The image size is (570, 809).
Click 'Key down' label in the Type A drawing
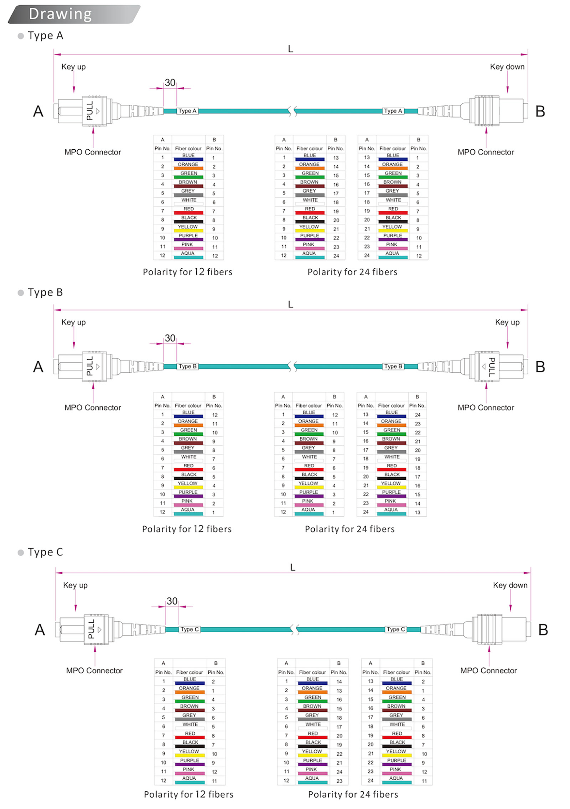[x=507, y=67]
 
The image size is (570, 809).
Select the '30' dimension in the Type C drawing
[x=172, y=601]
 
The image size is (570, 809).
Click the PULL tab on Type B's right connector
[x=491, y=367]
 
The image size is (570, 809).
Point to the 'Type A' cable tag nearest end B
[x=393, y=111]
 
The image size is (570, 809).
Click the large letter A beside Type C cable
[x=40, y=629]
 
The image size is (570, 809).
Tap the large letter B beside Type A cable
[x=540, y=112]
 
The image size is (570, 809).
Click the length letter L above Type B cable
[x=290, y=304]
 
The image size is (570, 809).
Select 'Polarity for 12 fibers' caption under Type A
[x=187, y=272]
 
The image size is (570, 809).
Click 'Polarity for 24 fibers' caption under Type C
[x=353, y=794]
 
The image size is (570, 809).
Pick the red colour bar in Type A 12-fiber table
[x=188, y=213]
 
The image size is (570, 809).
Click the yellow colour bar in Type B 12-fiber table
[x=188, y=487]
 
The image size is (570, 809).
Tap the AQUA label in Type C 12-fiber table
[x=189, y=778]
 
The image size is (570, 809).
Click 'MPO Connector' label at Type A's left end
[x=93, y=152]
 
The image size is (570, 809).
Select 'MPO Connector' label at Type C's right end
[x=488, y=670]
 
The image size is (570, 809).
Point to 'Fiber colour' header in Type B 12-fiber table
[x=188, y=405]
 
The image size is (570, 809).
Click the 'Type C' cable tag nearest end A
[x=189, y=629]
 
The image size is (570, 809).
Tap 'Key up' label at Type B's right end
[x=507, y=322]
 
